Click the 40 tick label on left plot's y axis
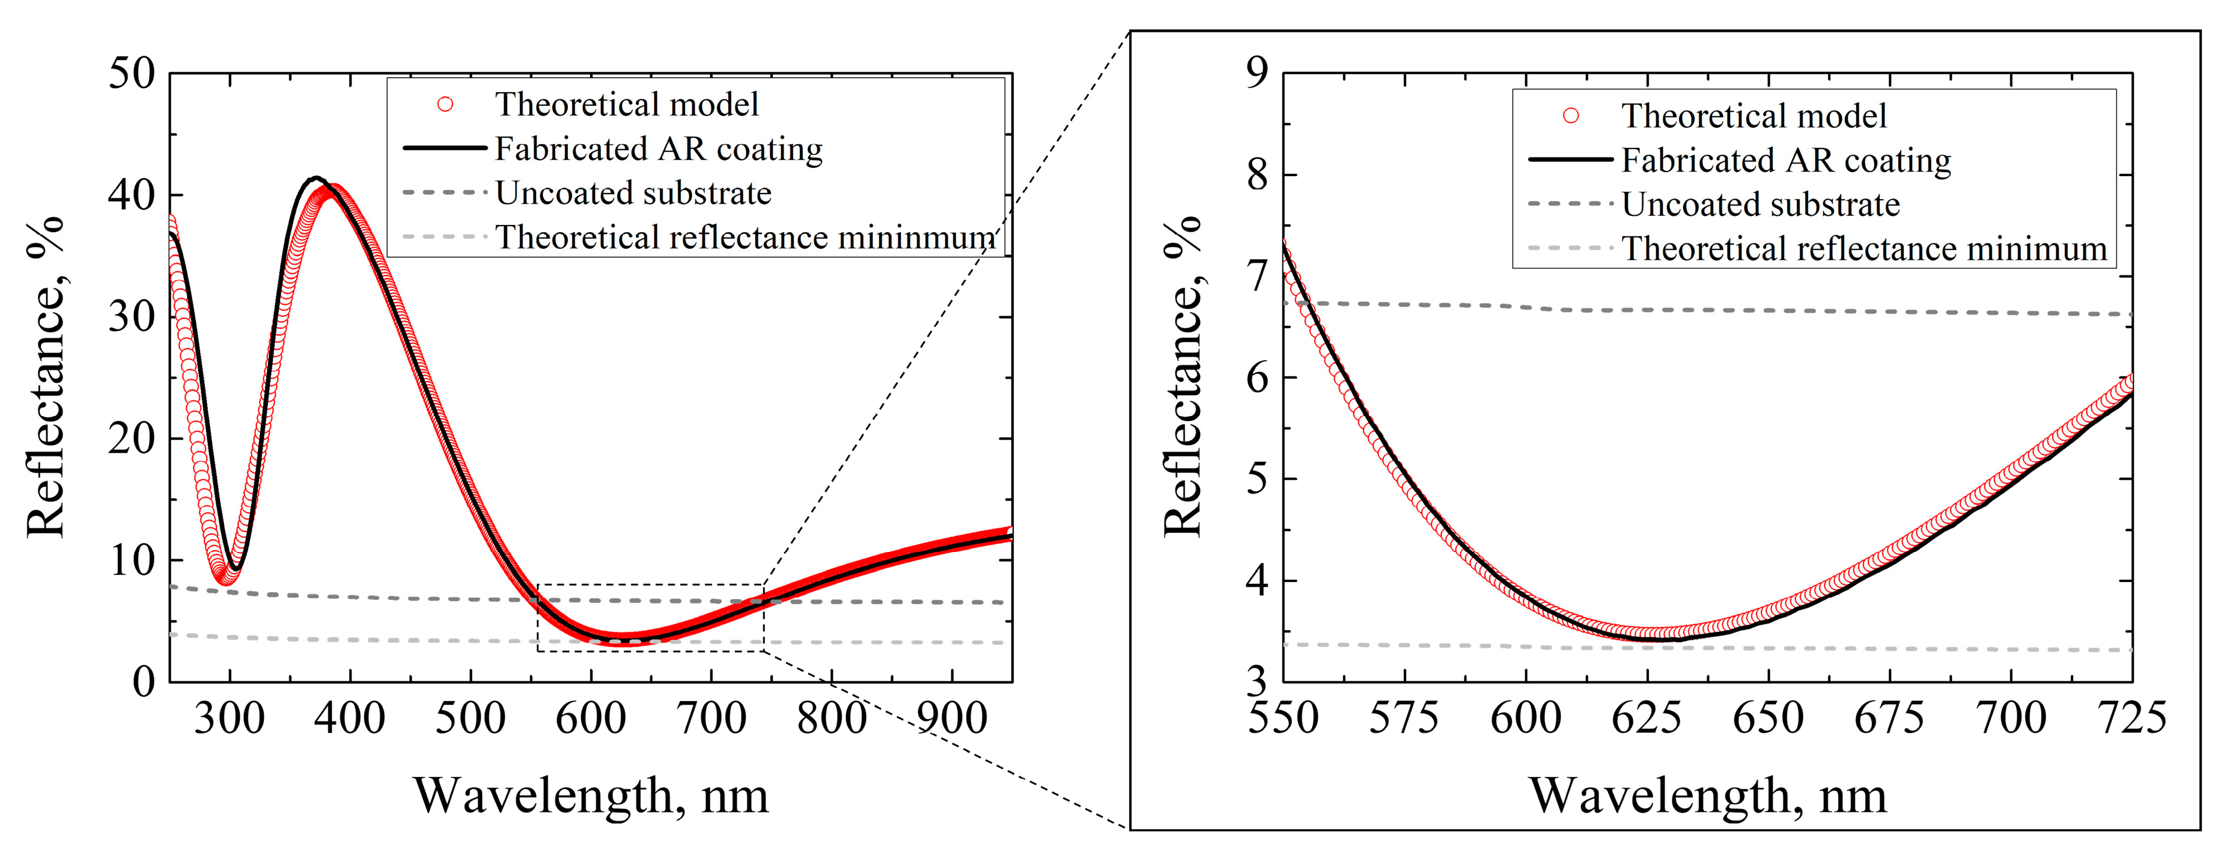(x=131, y=196)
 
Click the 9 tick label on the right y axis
(x=1258, y=73)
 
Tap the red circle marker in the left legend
(x=445, y=105)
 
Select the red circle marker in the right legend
(x=1571, y=115)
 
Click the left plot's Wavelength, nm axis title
(x=591, y=795)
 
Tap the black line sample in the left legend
(x=445, y=149)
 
